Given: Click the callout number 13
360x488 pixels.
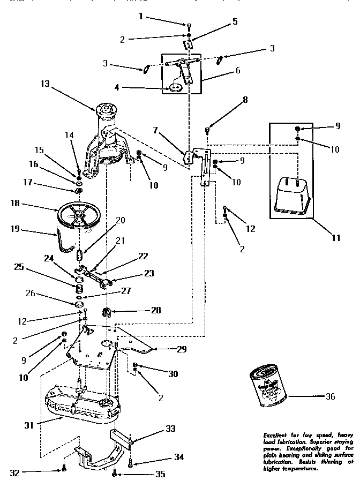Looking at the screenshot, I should point(45,84).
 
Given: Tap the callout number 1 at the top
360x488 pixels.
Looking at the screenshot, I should point(141,17).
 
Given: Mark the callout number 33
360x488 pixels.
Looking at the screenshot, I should point(170,429).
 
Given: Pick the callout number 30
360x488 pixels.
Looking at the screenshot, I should point(174,374).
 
